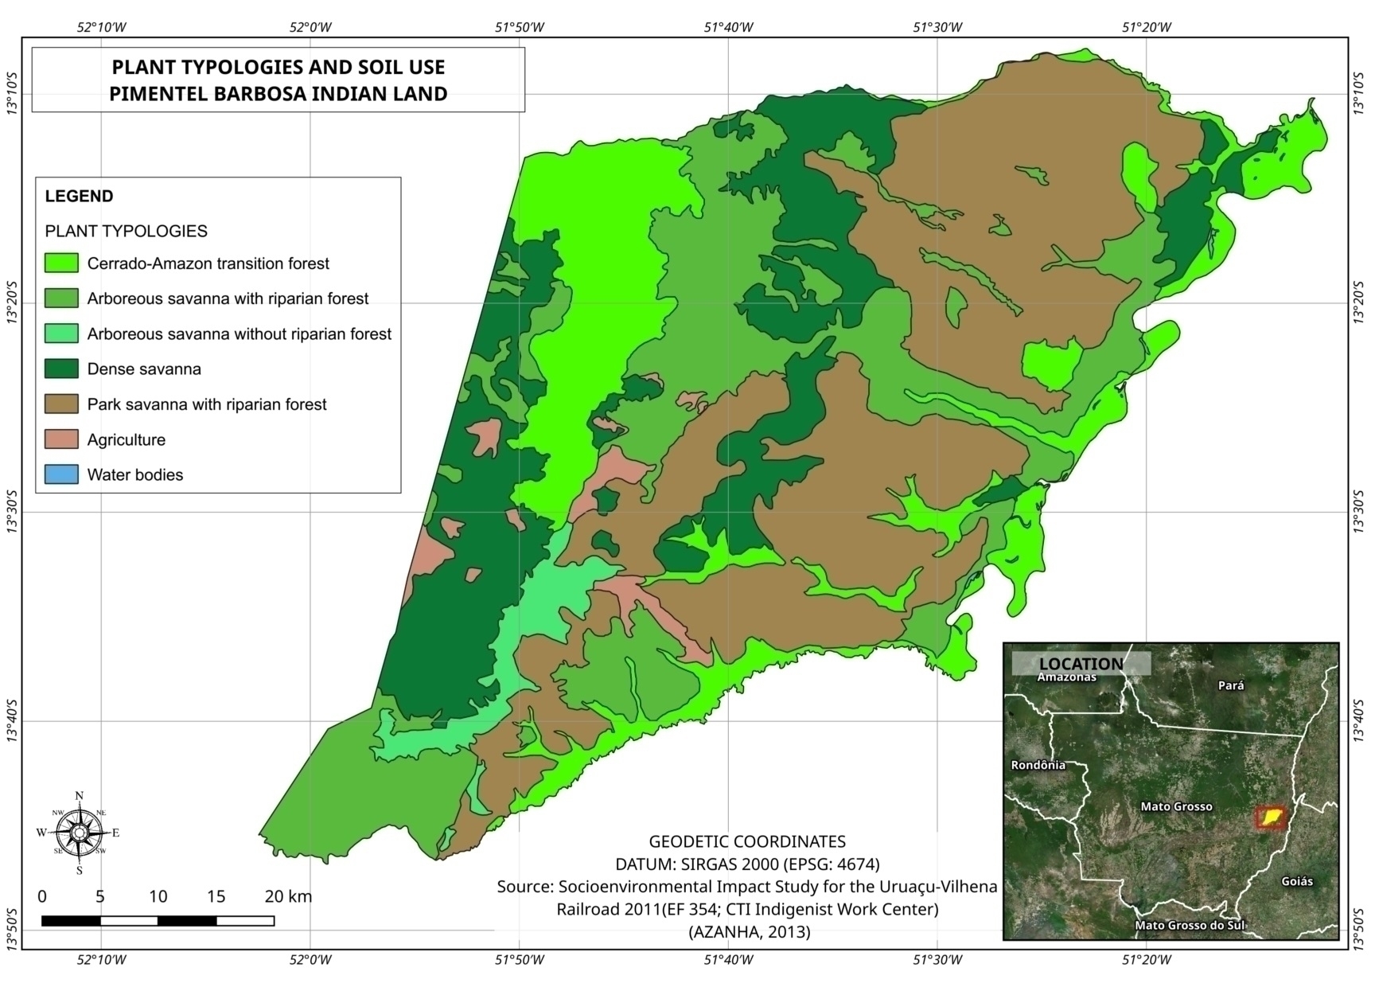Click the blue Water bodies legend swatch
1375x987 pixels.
pos(61,474)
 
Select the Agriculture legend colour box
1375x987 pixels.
pos(61,439)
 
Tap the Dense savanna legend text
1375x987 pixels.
pos(144,369)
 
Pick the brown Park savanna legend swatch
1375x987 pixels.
pos(61,404)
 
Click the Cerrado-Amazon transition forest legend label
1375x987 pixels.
pos(208,263)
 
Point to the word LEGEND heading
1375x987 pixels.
pos(79,196)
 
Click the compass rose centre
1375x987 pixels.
pos(79,833)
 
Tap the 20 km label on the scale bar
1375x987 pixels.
pos(288,896)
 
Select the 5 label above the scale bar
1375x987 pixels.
pos(100,896)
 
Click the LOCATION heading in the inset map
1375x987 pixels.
pos(1081,664)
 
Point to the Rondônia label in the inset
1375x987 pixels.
pos(1038,765)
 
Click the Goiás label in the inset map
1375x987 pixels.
pos(1297,881)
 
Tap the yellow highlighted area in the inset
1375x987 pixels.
pos(1271,817)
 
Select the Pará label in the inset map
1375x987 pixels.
pos(1231,685)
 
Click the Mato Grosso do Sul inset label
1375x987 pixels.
pos(1189,925)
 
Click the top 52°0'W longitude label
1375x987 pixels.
pos(310,27)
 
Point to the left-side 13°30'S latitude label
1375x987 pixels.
pos(11,513)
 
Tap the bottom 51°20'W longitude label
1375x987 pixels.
pos(1147,960)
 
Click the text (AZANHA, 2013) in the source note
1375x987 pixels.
pos(749,931)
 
